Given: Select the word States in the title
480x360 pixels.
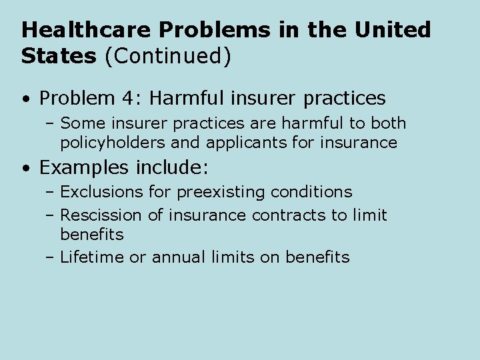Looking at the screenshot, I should pyautogui.click(x=59, y=57).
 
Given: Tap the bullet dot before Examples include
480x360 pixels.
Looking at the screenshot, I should pyautogui.click(x=25, y=167).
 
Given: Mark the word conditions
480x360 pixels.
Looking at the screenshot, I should pyautogui.click(x=311, y=192).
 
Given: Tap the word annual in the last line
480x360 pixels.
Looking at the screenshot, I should pyautogui.click(x=176, y=257).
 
